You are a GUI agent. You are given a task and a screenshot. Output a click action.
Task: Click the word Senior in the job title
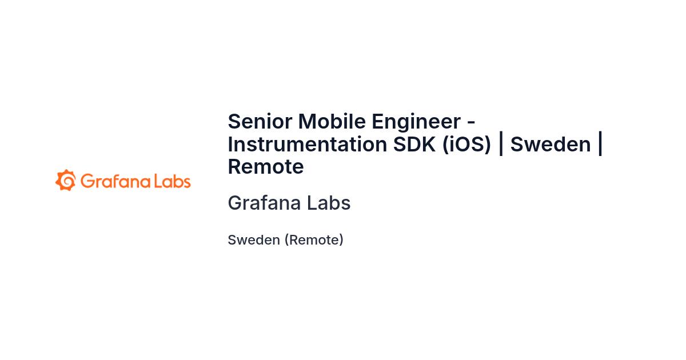[x=260, y=122]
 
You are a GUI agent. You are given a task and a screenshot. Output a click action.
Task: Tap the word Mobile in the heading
[x=332, y=122]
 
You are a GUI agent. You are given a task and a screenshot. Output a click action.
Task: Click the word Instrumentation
[x=308, y=144]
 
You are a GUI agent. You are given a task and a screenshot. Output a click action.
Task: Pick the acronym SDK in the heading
[x=414, y=144]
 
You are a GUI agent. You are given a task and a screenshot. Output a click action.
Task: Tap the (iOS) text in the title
[x=466, y=145]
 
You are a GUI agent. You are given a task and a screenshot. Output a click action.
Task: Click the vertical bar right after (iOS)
[x=501, y=144]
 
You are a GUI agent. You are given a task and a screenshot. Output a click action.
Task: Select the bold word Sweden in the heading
[x=551, y=144]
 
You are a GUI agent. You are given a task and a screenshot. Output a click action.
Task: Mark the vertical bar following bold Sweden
[x=600, y=144]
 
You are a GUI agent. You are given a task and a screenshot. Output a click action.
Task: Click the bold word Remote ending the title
[x=266, y=167]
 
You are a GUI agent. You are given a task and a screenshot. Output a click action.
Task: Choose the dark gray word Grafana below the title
[x=264, y=203]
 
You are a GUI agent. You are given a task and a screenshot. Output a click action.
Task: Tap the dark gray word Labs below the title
[x=329, y=203]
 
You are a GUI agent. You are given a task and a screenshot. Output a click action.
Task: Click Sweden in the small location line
[x=254, y=240]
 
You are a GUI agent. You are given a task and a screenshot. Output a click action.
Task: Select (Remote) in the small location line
[x=314, y=240]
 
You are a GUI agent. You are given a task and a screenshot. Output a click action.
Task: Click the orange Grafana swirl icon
[x=66, y=181]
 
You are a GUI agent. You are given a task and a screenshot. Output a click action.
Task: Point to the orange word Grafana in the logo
[x=115, y=181]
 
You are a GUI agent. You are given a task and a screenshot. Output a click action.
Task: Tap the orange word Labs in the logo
[x=172, y=181]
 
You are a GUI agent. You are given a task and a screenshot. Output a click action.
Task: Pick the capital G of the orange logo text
[x=87, y=181]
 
